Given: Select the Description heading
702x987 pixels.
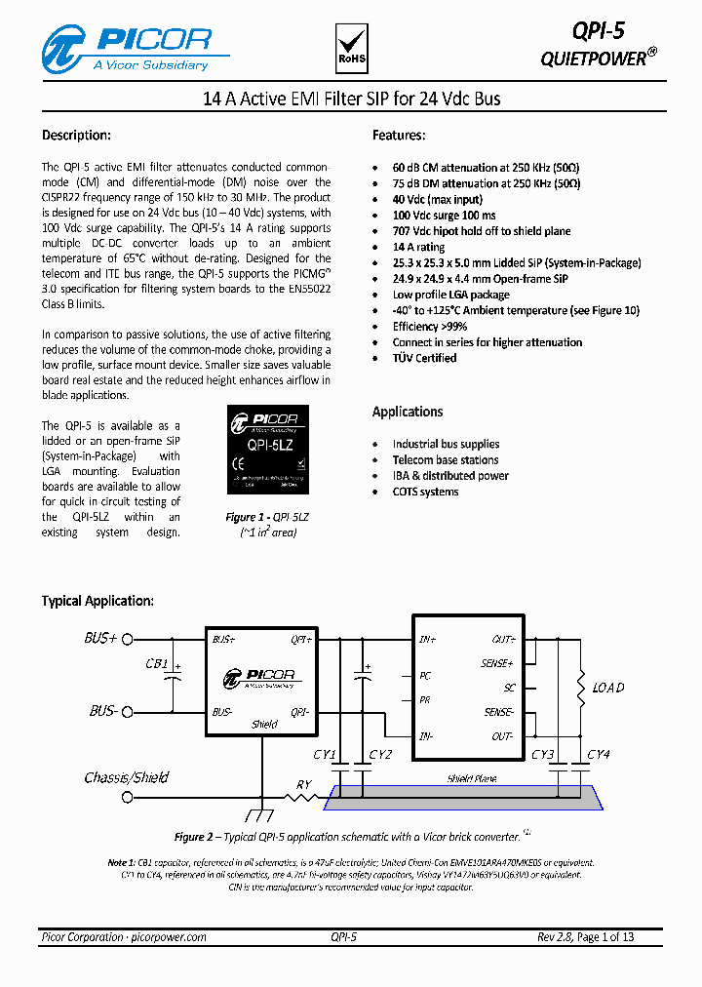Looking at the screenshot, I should [76, 136].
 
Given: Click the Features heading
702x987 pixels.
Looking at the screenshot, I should [399, 136].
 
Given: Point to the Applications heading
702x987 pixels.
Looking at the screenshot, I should [408, 412].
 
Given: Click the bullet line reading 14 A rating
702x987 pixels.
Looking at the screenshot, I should [418, 247].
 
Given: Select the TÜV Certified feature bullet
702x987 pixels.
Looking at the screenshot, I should [424, 358].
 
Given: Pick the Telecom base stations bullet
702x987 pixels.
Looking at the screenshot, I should [446, 459].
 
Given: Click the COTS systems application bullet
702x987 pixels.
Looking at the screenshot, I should [425, 492].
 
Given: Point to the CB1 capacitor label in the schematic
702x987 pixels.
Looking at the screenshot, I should [157, 664].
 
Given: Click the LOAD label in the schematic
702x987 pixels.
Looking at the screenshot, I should [608, 688].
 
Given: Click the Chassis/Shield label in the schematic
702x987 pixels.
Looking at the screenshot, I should [127, 777].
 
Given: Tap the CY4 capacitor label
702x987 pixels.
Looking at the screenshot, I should [598, 755].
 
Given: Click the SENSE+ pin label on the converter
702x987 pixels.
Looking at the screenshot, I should [496, 663].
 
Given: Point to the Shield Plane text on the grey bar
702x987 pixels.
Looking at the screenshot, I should [472, 779].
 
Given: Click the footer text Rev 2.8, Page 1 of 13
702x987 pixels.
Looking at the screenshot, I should [585, 937].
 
